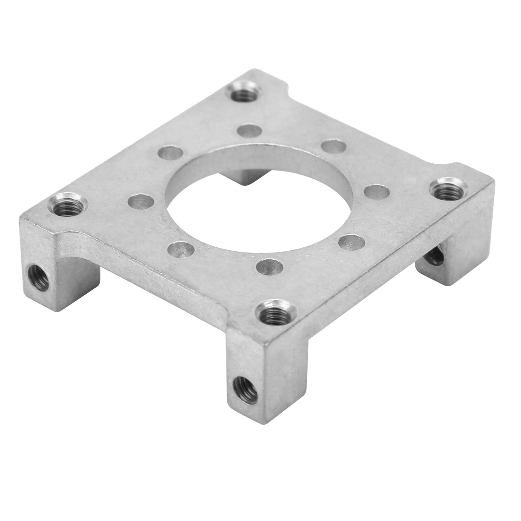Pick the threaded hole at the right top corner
tap(448, 192)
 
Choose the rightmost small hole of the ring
tap(377, 192)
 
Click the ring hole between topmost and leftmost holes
tap(170, 153)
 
